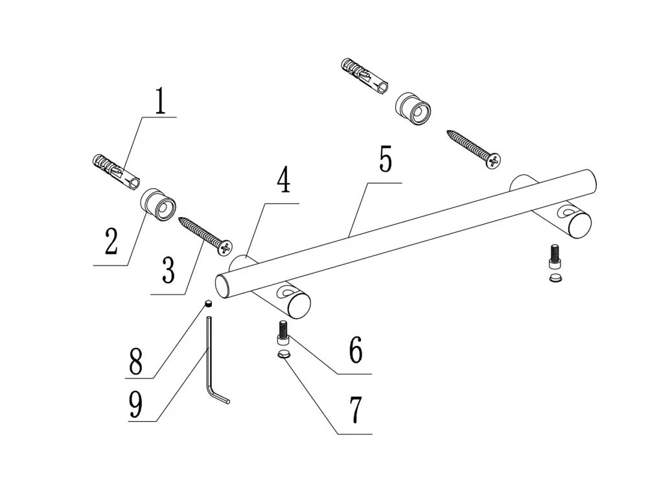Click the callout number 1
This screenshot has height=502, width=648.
[x=160, y=101]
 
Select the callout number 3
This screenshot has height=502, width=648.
[x=168, y=270]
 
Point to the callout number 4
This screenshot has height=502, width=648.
[x=283, y=180]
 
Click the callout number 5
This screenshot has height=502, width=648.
[x=386, y=159]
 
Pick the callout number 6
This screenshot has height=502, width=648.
[x=355, y=350]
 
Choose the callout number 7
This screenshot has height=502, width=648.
[x=356, y=410]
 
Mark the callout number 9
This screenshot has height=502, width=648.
[x=135, y=404]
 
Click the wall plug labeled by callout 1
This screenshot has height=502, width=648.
[x=116, y=172]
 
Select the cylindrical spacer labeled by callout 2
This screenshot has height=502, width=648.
[x=158, y=205]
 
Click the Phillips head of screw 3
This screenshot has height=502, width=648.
[x=226, y=248]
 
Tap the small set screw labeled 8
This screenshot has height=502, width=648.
[x=209, y=304]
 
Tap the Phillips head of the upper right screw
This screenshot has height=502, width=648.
[x=494, y=160]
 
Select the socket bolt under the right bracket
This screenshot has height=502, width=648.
[x=555, y=257]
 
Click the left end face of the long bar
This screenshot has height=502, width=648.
[x=222, y=286]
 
